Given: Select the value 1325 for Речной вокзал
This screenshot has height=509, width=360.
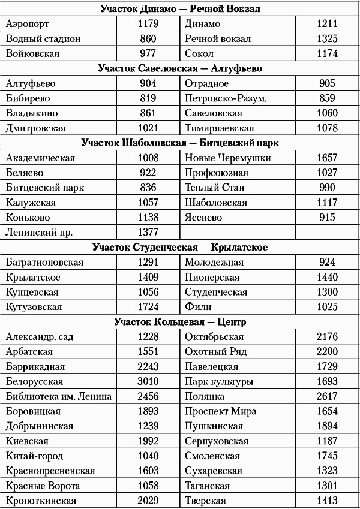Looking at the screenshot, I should (x=327, y=39).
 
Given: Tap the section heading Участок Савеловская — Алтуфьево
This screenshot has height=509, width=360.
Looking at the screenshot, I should (x=180, y=69).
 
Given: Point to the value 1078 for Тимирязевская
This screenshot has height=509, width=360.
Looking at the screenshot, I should (x=327, y=128).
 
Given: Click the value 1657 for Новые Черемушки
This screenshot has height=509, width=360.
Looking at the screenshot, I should (x=327, y=158).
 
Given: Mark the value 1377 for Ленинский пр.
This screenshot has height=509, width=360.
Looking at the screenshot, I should (x=148, y=232).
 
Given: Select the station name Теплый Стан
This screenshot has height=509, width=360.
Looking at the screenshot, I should (x=214, y=188).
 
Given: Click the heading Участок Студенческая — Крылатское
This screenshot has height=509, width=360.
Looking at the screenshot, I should (x=180, y=247).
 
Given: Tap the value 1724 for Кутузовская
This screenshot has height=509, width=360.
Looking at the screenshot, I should (x=148, y=307).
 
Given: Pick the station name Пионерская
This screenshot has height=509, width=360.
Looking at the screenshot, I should (x=212, y=278).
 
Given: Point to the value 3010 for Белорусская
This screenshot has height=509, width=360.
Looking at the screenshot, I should (x=148, y=381).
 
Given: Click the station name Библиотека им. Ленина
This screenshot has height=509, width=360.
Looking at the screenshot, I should (x=59, y=396).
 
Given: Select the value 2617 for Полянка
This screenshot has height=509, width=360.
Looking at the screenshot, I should (x=327, y=396).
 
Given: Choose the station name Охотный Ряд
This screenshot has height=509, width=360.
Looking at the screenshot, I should (x=215, y=351).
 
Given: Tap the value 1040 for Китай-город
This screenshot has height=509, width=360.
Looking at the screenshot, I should (x=148, y=456).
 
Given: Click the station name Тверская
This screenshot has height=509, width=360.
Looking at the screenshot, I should (x=205, y=501).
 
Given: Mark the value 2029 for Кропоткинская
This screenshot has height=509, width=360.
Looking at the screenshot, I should (x=148, y=501).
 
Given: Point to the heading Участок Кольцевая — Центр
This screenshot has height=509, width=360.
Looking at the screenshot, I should (x=180, y=322).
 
